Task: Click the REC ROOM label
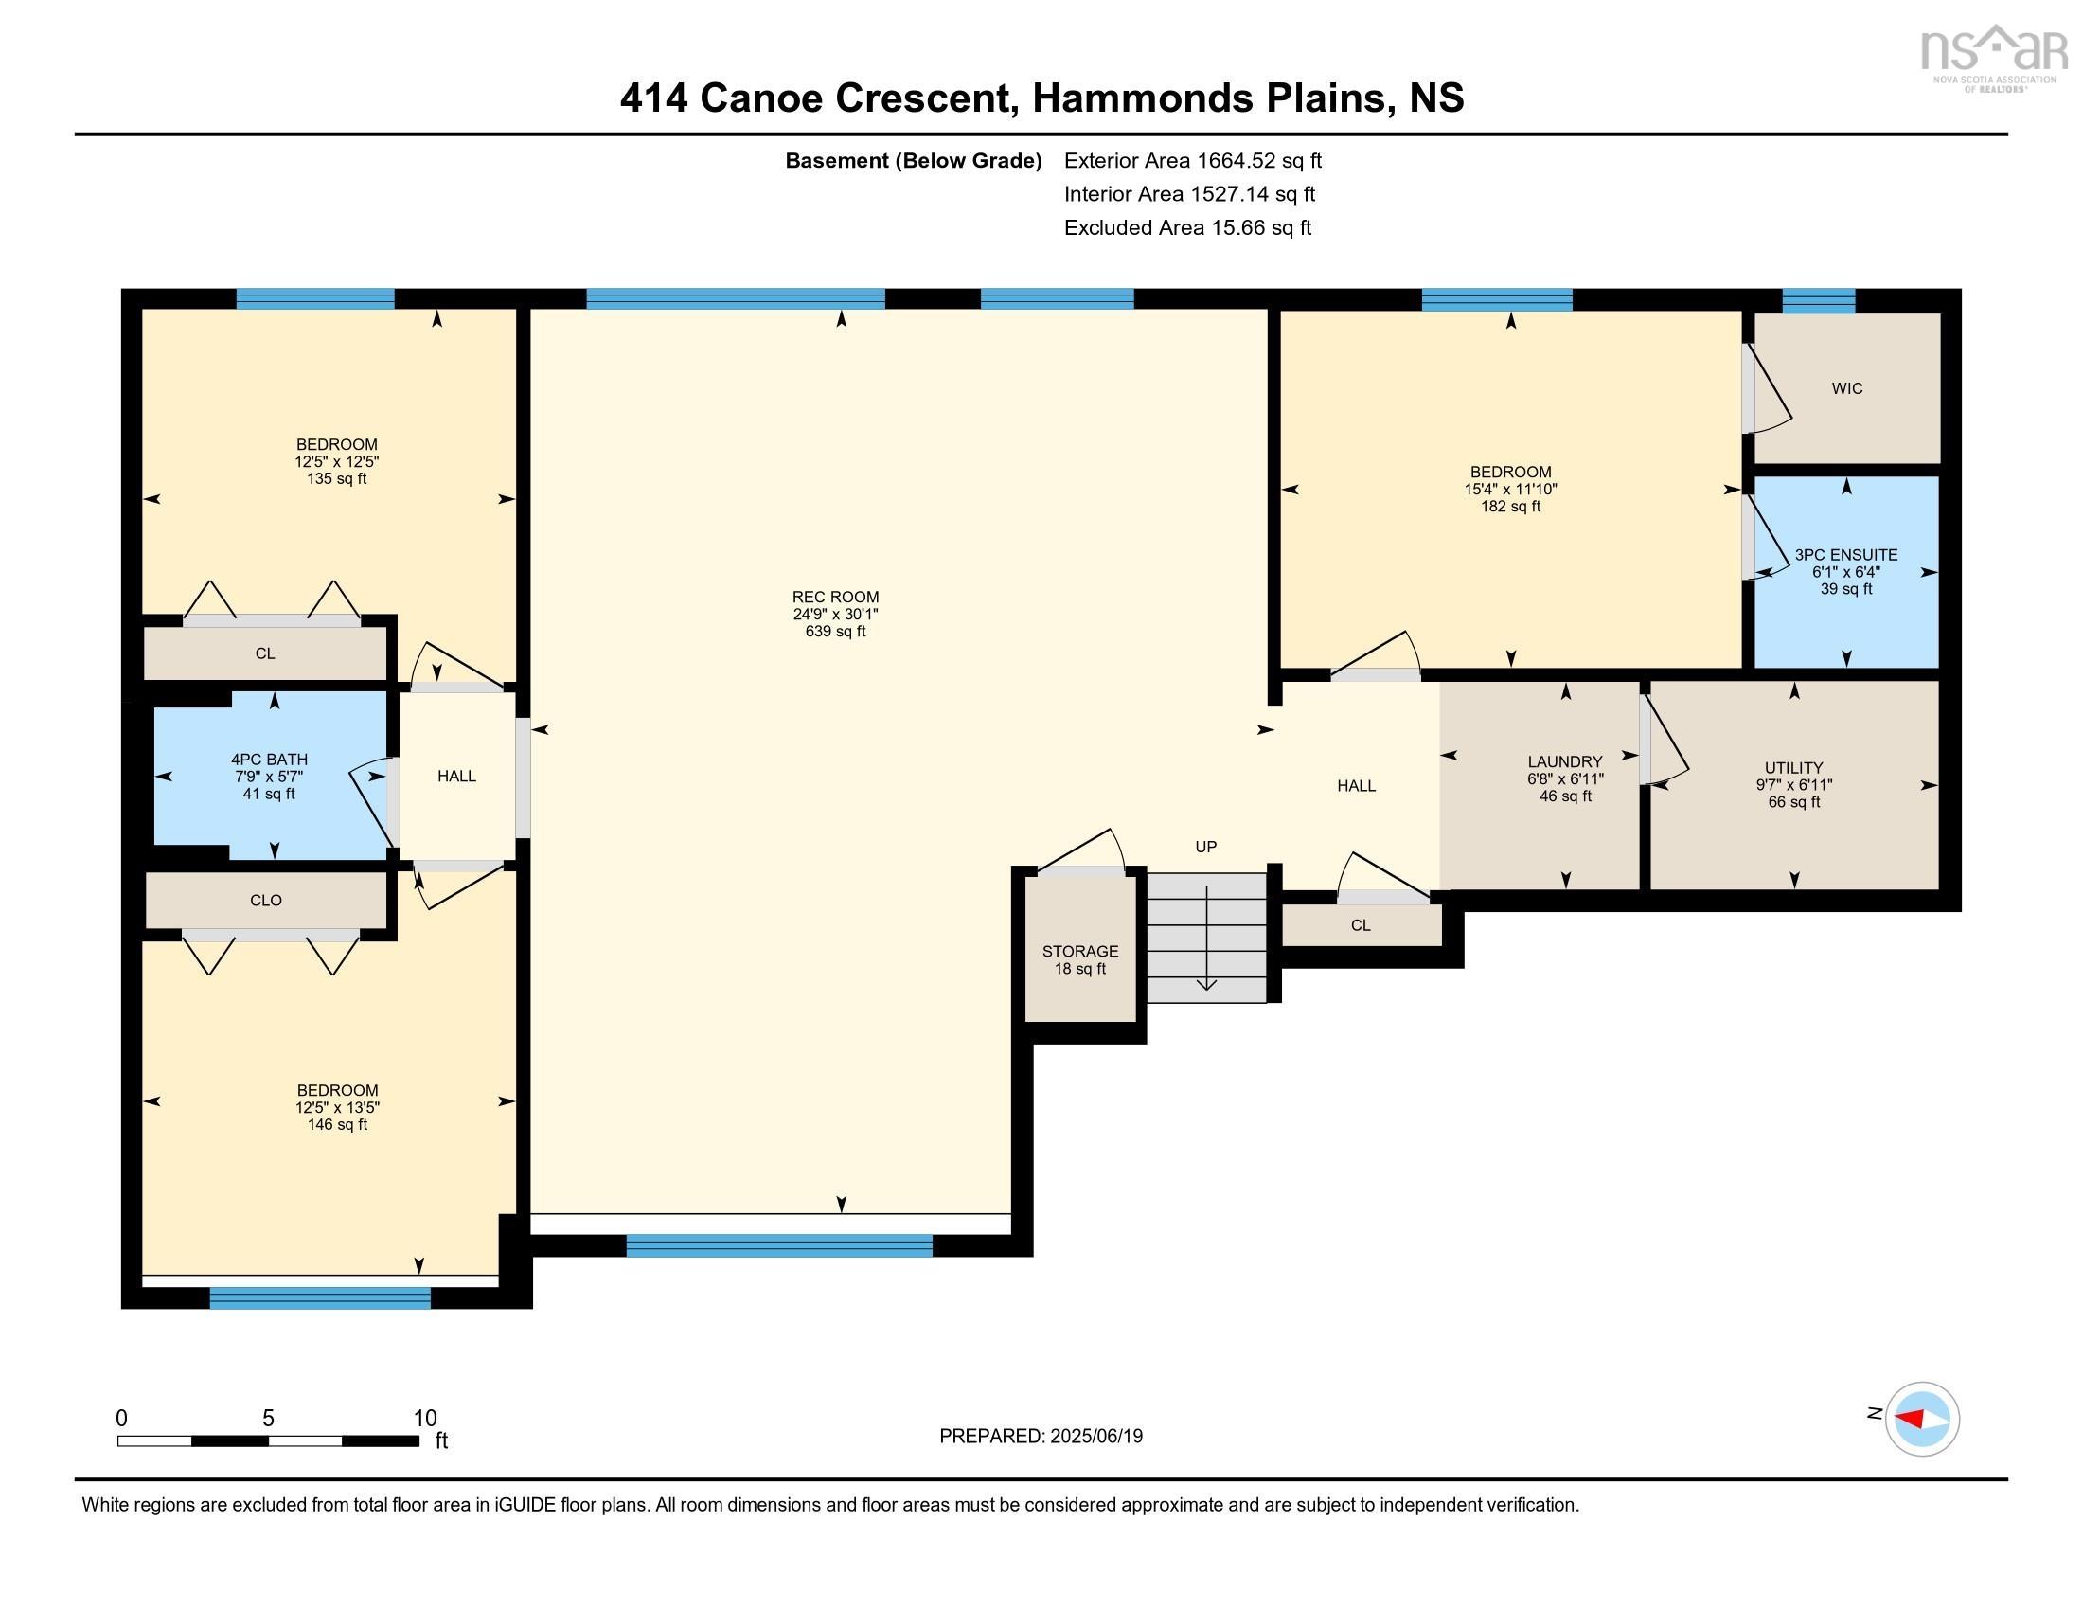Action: (834, 597)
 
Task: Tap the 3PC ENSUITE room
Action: (1845, 571)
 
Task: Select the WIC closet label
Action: (1846, 388)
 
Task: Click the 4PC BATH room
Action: (269, 776)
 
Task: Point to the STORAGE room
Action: (1079, 958)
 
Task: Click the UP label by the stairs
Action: (1205, 847)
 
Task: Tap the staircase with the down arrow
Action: (1205, 938)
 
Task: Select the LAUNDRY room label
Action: (1564, 761)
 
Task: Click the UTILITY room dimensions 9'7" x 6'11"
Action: (1793, 785)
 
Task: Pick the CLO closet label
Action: (265, 901)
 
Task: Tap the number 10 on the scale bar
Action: (424, 1418)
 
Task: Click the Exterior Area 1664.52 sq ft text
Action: (1192, 160)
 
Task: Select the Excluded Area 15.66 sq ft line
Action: (1187, 227)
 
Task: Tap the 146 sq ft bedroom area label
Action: (337, 1124)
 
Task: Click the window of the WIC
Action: (1818, 300)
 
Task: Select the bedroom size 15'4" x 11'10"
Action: (1510, 490)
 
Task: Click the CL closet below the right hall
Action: (1360, 925)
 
